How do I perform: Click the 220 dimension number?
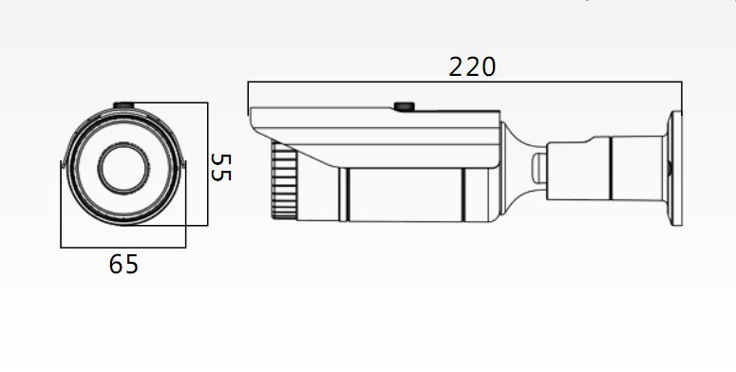tap(472, 67)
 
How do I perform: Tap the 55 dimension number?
tap(220, 167)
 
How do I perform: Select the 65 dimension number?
tap(123, 264)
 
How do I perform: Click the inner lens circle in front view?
tap(123, 168)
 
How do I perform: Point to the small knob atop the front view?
tap(123, 105)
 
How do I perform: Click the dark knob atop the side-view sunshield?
tap(404, 106)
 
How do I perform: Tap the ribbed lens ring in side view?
tap(284, 180)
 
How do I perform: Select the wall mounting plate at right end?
tap(676, 168)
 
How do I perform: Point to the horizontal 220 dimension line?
tap(464, 83)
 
